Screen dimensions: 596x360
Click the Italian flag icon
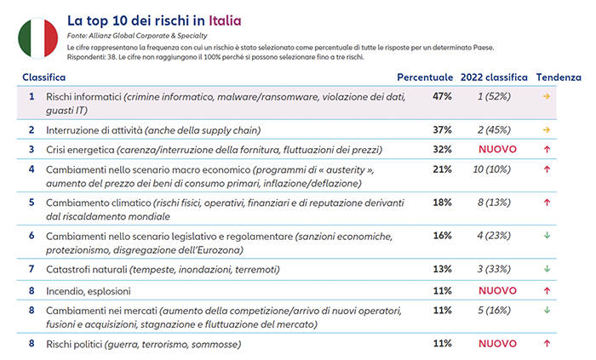pyautogui.click(x=38, y=38)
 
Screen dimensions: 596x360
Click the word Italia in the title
pyautogui.click(x=225, y=21)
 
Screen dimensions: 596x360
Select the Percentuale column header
pyautogui.click(x=425, y=77)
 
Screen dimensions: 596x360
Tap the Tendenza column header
pyautogui.click(x=559, y=77)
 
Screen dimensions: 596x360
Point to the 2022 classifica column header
pyautogui.click(x=494, y=77)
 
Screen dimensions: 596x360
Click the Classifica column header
pyautogui.click(x=44, y=77)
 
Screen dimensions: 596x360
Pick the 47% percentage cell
pyautogui.click(x=442, y=96)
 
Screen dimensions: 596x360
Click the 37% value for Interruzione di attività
pyautogui.click(x=442, y=130)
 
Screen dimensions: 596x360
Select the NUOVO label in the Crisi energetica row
pyautogui.click(x=497, y=149)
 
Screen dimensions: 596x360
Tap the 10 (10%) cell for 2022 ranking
pyautogui.click(x=492, y=169)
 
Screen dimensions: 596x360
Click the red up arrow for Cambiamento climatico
pyautogui.click(x=547, y=203)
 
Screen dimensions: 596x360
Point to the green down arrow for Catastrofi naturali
pyautogui.click(x=547, y=269)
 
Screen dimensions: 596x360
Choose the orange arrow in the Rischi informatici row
pyautogui.click(x=547, y=96)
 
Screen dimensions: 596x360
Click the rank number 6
pyautogui.click(x=32, y=236)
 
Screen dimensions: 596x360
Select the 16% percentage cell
pyautogui.click(x=442, y=236)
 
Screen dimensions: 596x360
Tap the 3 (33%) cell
pyautogui.click(x=494, y=269)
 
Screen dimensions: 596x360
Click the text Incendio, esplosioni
pyautogui.click(x=89, y=291)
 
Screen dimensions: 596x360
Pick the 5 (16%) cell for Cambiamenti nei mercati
pyautogui.click(x=494, y=311)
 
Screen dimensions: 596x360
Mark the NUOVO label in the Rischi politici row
pyautogui.click(x=497, y=344)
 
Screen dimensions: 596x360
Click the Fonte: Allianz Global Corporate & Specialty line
pyautogui.click(x=137, y=36)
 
